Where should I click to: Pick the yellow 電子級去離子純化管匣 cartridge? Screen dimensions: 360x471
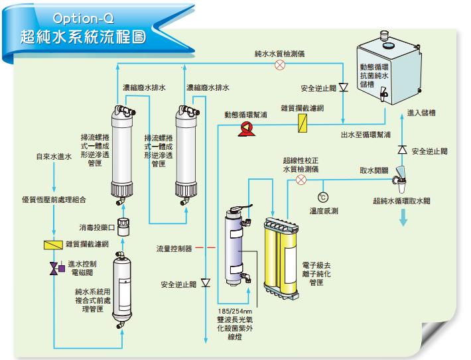click(283, 255)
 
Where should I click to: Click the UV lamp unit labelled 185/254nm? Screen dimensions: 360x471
click(234, 249)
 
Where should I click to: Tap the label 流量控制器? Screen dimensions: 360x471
click(174, 249)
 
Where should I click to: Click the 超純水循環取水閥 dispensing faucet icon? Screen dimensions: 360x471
click(401, 175)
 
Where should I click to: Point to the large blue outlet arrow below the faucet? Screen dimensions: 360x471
click(403, 221)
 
